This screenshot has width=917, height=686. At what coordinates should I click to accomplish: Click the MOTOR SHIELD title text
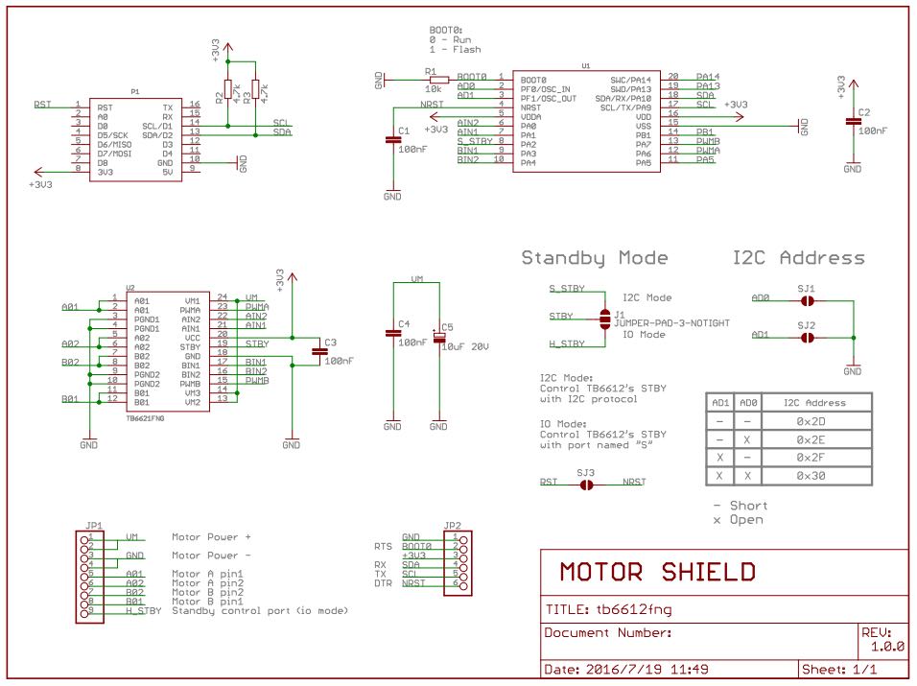[x=657, y=573]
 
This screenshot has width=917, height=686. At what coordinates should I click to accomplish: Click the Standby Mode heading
[x=595, y=258]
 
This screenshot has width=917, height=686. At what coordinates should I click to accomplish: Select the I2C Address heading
[x=798, y=258]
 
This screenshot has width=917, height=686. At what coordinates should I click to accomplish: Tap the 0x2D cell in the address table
[x=811, y=421]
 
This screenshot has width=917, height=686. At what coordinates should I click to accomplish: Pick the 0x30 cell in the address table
[x=811, y=476]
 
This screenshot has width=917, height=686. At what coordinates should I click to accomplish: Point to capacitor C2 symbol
[x=852, y=121]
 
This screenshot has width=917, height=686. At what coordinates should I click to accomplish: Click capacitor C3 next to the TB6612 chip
[x=318, y=351]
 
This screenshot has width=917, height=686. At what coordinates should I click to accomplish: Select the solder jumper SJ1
[x=807, y=299]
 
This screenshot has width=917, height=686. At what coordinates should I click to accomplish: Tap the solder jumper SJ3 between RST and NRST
[x=586, y=485]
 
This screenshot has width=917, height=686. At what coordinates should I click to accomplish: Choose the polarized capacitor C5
[x=438, y=335]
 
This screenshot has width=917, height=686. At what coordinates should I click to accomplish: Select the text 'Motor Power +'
[x=211, y=537]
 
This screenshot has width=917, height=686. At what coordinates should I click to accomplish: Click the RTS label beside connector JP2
[x=383, y=546]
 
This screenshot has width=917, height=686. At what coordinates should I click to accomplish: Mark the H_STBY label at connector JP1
[x=144, y=610]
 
